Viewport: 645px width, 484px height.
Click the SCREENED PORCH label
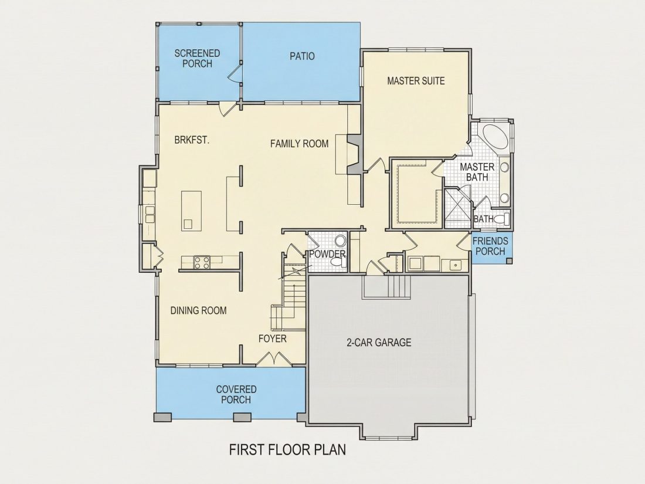point(197,59)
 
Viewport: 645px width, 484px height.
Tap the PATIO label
point(302,56)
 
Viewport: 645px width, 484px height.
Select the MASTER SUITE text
point(416,81)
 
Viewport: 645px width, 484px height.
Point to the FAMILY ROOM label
point(300,144)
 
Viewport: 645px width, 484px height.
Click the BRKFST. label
point(192,140)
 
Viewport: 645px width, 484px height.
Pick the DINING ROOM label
point(198,310)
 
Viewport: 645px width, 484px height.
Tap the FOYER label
point(272,339)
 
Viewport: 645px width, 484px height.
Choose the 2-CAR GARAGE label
point(379,343)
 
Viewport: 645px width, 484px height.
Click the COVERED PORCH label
point(236,394)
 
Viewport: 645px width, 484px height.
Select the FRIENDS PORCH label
point(490,246)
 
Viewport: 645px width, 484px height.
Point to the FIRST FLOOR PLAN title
point(287,449)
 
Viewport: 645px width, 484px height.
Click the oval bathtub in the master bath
point(495,138)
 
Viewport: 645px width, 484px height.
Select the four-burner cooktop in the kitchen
point(202,262)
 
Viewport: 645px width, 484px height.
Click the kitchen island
point(191,210)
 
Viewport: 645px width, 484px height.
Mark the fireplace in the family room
point(355,154)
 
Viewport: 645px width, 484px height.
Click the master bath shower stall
point(457,208)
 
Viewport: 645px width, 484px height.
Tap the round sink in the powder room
point(340,241)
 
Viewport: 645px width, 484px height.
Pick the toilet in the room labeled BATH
point(501,219)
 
